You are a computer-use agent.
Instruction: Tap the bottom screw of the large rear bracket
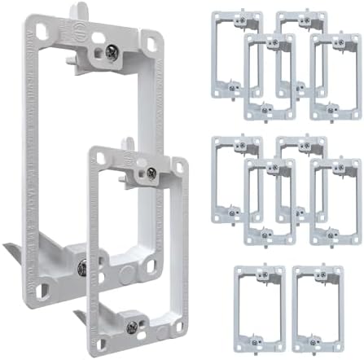click(84, 266)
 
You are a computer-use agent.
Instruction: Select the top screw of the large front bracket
click(151, 173)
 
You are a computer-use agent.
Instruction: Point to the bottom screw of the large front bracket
click(131, 327)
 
